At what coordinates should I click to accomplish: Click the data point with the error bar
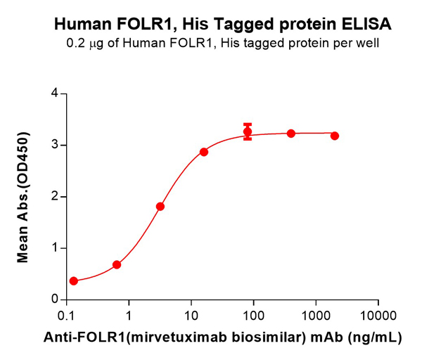248,131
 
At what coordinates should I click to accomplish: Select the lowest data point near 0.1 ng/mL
74,281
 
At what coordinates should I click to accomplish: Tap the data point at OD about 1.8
160,206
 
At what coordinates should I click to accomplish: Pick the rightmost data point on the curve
334,136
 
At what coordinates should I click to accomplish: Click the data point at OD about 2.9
204,152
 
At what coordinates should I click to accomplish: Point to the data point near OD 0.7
117,264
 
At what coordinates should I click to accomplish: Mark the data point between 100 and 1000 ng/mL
290,133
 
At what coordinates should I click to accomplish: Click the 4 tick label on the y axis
55,94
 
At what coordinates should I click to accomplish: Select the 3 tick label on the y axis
55,145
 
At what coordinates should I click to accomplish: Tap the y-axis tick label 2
55,197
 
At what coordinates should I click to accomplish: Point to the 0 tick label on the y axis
55,300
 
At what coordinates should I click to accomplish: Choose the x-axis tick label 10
191,314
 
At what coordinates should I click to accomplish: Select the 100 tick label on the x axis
253,314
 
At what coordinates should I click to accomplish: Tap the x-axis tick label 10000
378,314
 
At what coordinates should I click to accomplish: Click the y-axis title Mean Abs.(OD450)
23,197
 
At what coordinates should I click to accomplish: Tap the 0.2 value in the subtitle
74,44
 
